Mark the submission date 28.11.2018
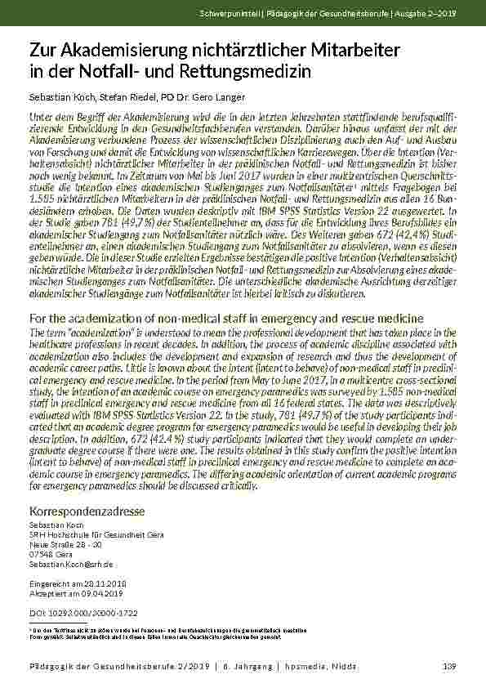click(99, 583)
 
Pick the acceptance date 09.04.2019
click(95, 593)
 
